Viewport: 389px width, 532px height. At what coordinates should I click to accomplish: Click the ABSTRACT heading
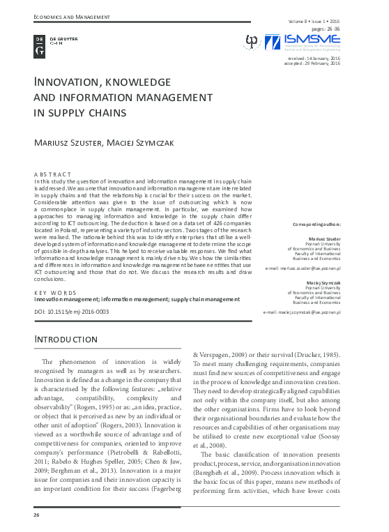[52, 174]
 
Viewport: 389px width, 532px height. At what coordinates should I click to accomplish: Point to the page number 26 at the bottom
[37, 515]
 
